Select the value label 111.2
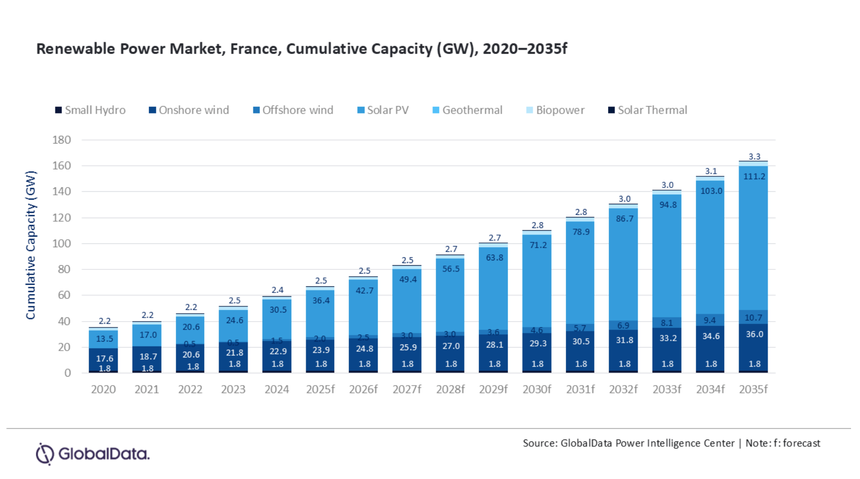[754, 176]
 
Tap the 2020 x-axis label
[103, 390]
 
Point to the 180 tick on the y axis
[62, 140]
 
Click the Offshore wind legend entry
[294, 110]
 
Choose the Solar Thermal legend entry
[648, 110]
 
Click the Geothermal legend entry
[468, 110]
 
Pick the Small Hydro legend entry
[90, 110]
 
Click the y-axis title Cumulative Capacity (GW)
[31, 245]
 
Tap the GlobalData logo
[93, 454]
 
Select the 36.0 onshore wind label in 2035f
[754, 334]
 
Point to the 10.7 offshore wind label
[754, 317]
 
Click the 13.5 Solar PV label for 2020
[105, 339]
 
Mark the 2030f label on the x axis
[537, 390]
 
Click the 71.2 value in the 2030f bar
[537, 245]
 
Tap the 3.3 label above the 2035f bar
[754, 156]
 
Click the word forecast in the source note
[801, 443]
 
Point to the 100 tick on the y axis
[62, 243]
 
